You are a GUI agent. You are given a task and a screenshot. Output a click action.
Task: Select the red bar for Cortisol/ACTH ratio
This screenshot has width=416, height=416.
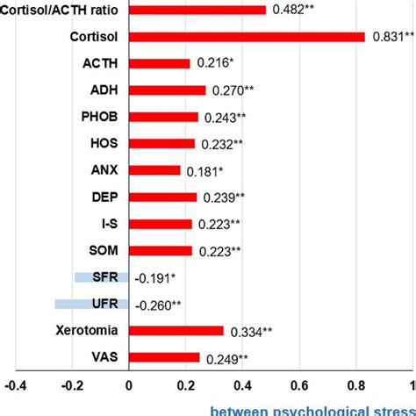197,10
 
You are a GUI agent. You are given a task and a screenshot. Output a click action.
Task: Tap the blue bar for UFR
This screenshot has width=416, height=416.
91,304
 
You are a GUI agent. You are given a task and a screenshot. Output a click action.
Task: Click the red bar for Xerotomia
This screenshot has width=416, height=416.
176,331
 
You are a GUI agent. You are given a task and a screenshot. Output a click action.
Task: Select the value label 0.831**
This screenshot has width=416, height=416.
390,37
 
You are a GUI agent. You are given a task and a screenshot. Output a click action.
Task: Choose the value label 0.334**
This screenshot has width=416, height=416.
254,332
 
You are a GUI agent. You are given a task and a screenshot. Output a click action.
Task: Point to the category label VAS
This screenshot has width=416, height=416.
106,357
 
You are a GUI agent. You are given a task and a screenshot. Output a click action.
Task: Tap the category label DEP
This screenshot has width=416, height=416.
105,197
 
